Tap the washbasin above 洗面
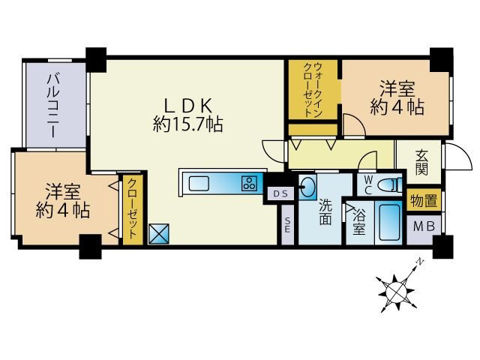308,187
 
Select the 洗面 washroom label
325,211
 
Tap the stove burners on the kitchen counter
248,183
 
